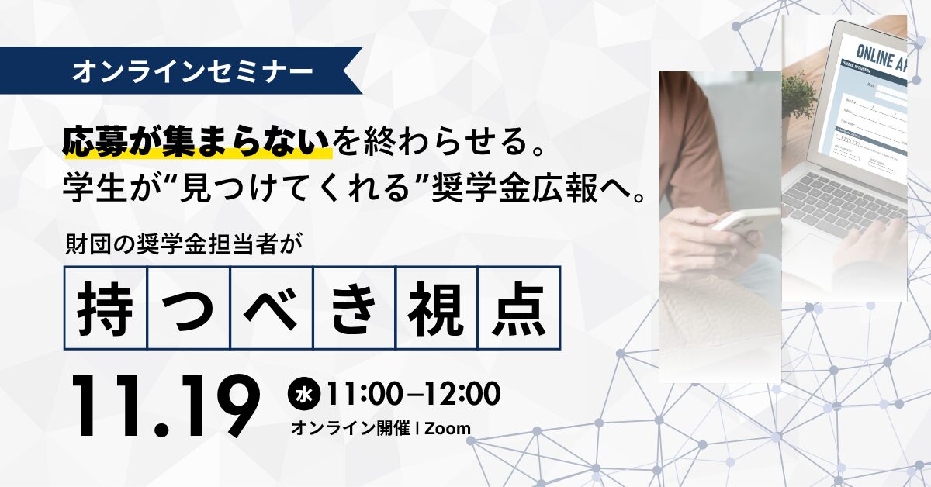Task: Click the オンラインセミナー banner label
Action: tap(193, 71)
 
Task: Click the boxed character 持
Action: tap(105, 307)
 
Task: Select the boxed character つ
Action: tap(189, 307)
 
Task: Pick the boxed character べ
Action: tap(271, 307)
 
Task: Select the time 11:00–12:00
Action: tap(412, 394)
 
